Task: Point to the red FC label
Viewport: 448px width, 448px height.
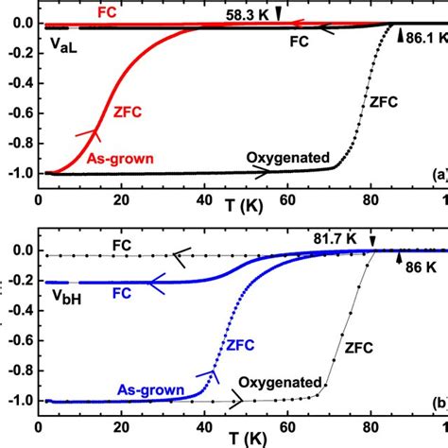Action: (112, 11)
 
